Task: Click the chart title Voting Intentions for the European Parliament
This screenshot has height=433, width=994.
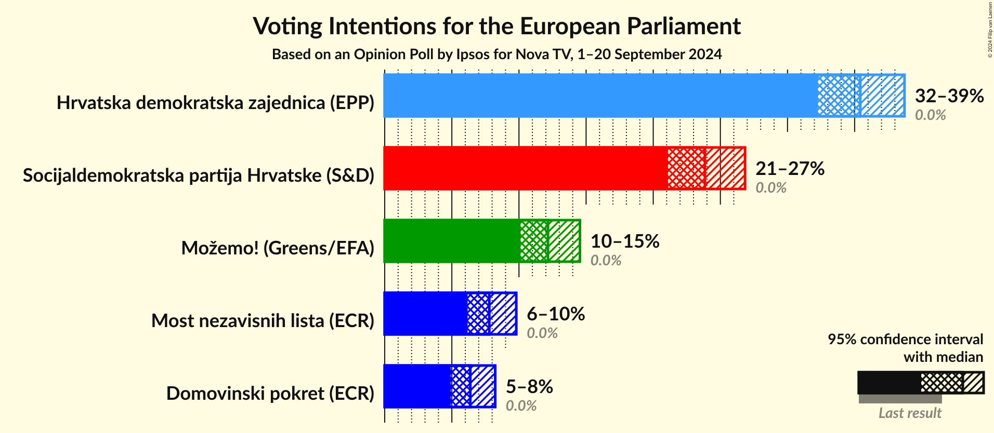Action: click(x=496, y=26)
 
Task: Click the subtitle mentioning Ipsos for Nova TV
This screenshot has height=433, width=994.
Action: click(x=496, y=55)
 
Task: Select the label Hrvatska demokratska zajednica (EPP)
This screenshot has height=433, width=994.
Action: click(x=215, y=103)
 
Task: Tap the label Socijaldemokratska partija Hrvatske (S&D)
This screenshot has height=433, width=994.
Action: click(x=199, y=175)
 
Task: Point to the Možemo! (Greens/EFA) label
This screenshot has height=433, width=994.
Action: click(x=278, y=248)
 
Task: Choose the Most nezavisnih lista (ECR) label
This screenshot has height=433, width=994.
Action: click(x=263, y=321)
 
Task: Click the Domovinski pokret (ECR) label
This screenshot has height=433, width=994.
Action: click(x=270, y=394)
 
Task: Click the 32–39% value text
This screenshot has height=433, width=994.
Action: click(x=949, y=96)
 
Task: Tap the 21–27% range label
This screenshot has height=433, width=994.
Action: click(x=789, y=168)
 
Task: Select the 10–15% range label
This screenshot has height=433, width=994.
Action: click(x=624, y=241)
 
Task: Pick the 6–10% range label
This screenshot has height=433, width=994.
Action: click(x=555, y=314)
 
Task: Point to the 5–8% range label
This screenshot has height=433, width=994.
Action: click(x=529, y=386)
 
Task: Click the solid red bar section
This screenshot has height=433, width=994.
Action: click(x=525, y=168)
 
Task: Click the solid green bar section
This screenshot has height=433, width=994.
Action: click(x=451, y=241)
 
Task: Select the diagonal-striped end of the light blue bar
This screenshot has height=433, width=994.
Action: click(x=882, y=96)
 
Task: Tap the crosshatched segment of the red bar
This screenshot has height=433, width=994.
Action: click(x=686, y=168)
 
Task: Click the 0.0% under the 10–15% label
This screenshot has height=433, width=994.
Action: click(x=606, y=260)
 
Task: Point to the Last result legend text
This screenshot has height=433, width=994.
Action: click(x=909, y=413)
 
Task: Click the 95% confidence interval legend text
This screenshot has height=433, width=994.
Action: click(x=905, y=339)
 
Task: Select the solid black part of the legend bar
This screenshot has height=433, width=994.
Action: click(x=888, y=383)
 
